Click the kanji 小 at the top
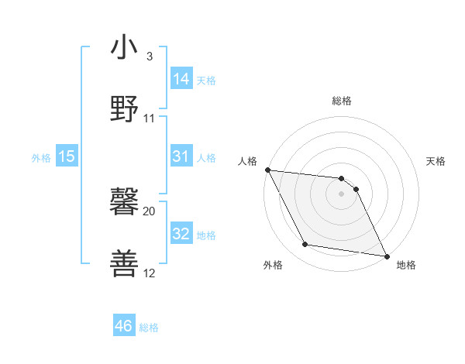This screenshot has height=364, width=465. click(x=125, y=48)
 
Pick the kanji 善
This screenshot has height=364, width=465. click(x=125, y=263)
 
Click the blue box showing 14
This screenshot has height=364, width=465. click(x=181, y=79)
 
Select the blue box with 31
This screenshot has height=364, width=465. click(x=181, y=156)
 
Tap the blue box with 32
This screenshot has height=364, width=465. click(x=181, y=234)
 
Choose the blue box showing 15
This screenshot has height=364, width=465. click(x=67, y=156)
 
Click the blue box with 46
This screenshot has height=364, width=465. click(x=124, y=326)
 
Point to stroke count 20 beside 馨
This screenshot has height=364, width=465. click(x=150, y=211)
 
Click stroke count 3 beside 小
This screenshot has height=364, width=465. click(x=150, y=56)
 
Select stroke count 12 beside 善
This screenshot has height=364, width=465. click(x=150, y=273)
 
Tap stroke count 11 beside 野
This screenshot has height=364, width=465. click(x=150, y=118)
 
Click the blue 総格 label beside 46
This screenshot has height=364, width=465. click(x=150, y=328)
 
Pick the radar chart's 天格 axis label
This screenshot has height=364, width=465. click(x=436, y=161)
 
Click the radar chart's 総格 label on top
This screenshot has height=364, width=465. click(x=342, y=101)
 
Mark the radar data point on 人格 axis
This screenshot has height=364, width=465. click(x=267, y=170)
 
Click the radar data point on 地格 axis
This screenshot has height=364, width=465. click(x=386, y=256)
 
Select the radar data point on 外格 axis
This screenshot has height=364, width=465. click(x=305, y=245)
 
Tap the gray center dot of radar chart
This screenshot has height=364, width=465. click(x=342, y=194)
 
